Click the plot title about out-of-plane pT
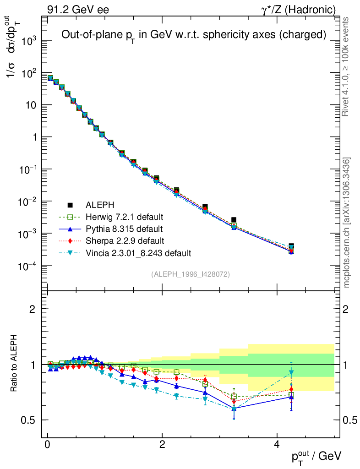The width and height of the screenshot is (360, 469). [x=194, y=35]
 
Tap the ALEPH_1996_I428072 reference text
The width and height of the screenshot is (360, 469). [x=190, y=274]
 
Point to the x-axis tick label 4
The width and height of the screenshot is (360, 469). [x=277, y=445]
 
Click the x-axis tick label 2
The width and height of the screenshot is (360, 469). [x=162, y=445]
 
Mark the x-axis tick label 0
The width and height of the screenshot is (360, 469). [x=48, y=445]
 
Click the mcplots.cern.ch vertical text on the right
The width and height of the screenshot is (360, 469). [x=347, y=223]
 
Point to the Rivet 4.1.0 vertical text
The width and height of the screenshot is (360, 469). [x=347, y=66]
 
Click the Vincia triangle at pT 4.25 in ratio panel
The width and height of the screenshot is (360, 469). [x=291, y=372]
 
